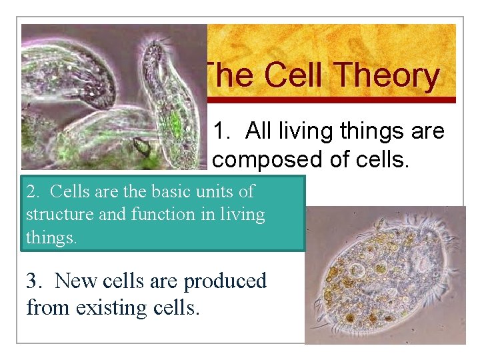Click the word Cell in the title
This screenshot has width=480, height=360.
pos(293,75)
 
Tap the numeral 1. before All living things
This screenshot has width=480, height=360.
pos(222,131)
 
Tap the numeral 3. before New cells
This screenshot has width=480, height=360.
pos(35,281)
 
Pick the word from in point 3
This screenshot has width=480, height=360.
pos(49,307)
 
